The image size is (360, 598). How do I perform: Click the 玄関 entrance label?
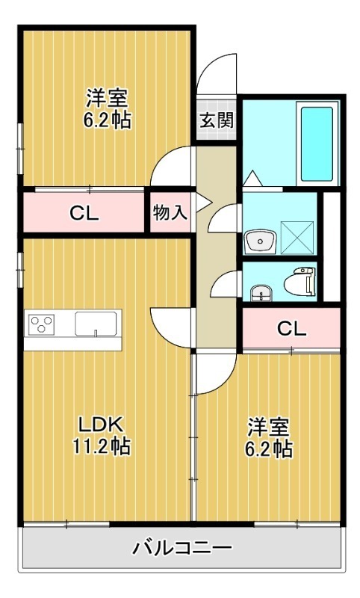(215, 120)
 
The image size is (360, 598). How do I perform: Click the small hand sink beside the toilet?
(258, 292)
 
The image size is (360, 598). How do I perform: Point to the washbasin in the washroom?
(259, 241)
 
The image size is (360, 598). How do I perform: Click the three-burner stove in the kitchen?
(41, 325)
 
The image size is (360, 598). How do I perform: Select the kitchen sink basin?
(95, 326)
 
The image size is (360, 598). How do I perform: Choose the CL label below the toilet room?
(291, 328)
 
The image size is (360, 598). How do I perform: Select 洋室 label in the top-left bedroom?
(107, 97)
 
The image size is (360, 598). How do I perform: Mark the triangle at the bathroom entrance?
(252, 178)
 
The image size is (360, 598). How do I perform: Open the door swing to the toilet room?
(225, 286)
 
